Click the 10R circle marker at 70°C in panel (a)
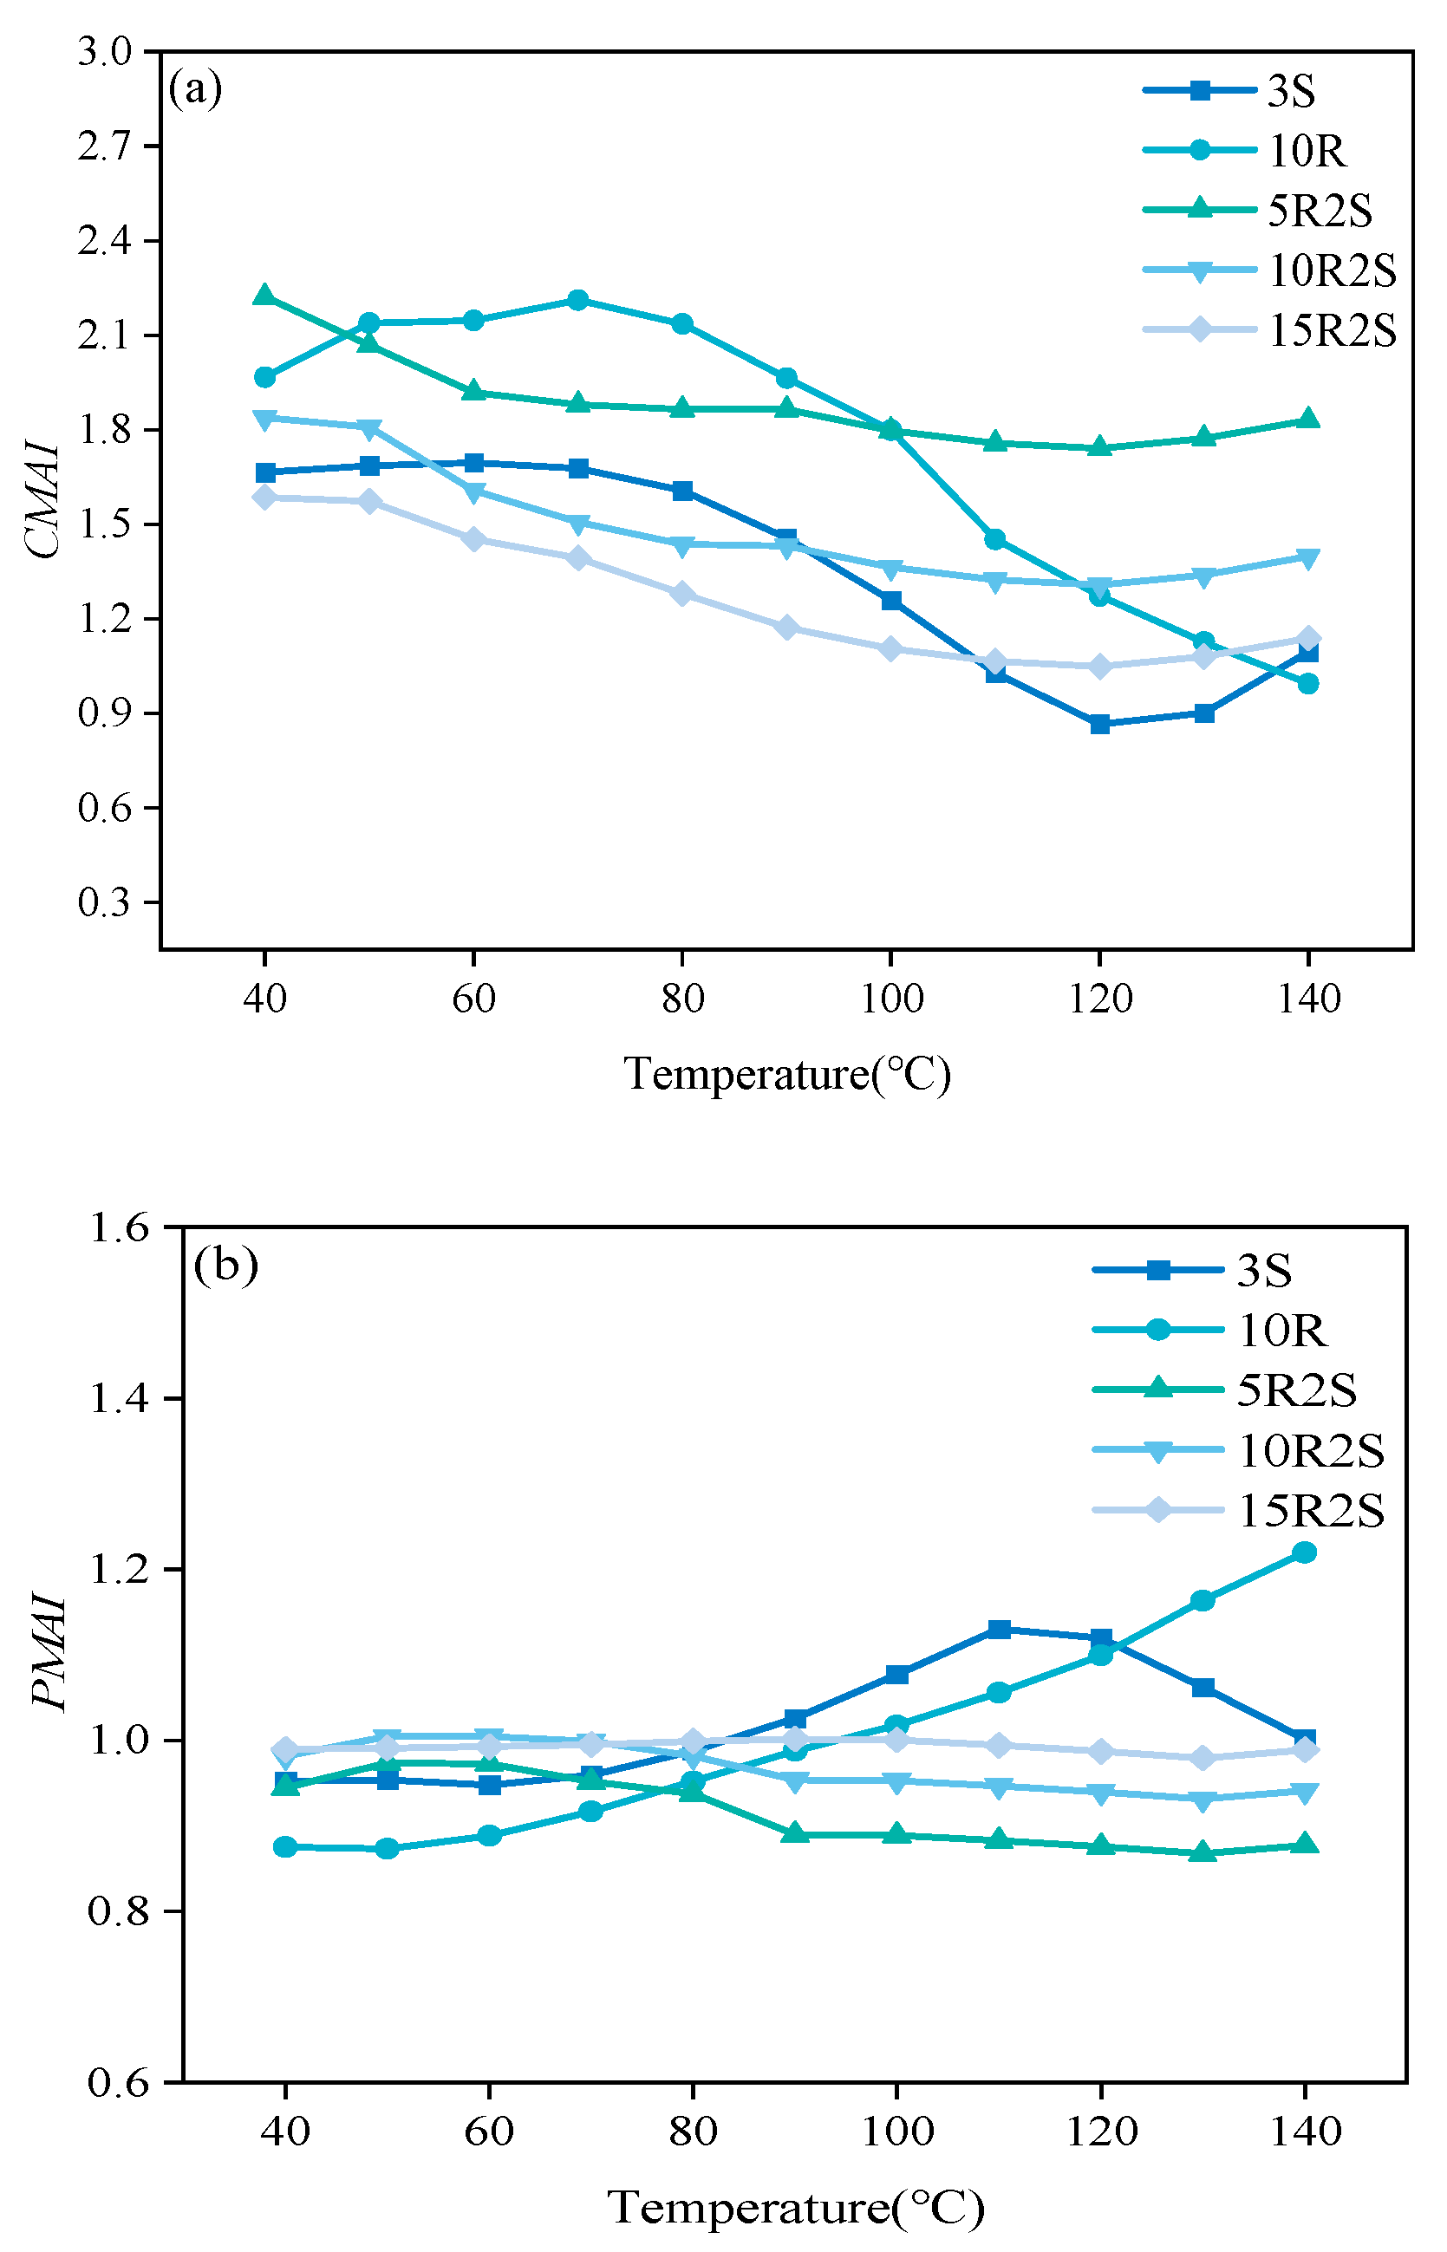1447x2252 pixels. [578, 301]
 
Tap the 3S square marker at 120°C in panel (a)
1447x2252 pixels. [1099, 724]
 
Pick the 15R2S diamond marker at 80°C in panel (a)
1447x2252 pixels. [683, 594]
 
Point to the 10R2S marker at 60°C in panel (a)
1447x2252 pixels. [473, 492]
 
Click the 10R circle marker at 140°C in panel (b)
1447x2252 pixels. [1304, 1553]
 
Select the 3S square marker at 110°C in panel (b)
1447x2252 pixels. [999, 1629]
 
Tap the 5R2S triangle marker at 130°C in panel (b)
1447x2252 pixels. [1203, 1852]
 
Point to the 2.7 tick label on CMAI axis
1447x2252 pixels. [104, 146]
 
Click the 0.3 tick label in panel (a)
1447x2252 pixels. [104, 902]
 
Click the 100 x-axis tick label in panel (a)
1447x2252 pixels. [890, 999]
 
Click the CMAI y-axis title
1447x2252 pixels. [43, 501]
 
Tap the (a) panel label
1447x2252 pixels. [195, 89]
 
